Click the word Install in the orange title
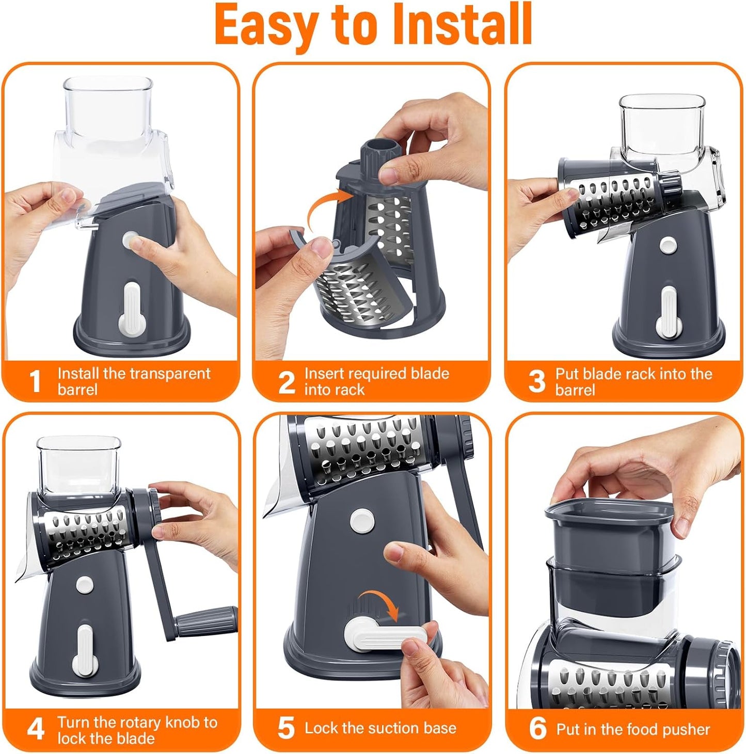point(462,25)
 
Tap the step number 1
point(35,381)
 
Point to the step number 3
point(536,382)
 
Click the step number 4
point(36,730)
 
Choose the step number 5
point(286,728)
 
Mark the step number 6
point(537,729)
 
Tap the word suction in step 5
point(380,728)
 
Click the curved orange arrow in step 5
point(379,604)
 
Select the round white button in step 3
point(669,246)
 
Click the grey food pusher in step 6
point(609,537)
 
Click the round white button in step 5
point(362,521)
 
